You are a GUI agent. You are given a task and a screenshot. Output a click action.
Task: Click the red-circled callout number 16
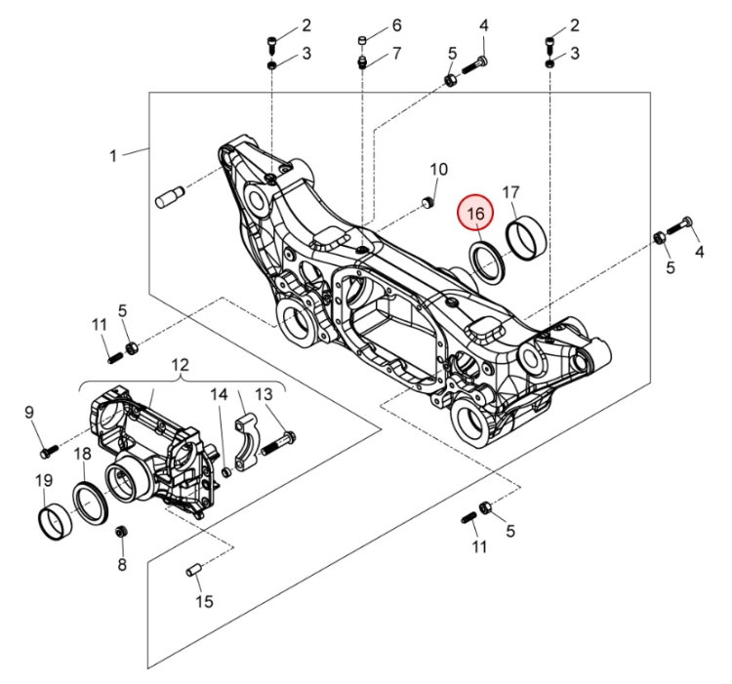475,213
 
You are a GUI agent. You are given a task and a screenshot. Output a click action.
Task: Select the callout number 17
510,192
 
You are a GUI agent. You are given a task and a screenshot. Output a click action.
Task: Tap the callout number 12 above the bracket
181,366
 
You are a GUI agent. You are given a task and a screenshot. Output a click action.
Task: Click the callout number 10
438,169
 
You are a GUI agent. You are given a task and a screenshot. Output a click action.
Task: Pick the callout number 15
204,601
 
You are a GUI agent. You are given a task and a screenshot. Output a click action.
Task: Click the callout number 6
396,24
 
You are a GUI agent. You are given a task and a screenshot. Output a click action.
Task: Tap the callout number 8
122,565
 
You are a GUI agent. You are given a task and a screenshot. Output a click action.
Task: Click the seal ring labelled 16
486,261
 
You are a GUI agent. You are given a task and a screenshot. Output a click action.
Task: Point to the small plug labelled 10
427,202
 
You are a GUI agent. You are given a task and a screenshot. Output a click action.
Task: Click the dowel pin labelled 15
192,569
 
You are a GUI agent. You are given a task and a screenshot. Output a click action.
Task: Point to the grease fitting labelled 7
362,61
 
